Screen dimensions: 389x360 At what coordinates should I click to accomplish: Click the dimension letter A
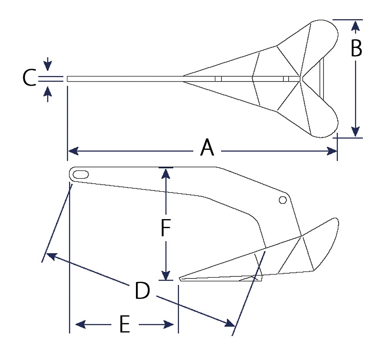point(207,147)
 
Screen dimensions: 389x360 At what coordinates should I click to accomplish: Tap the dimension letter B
point(356,48)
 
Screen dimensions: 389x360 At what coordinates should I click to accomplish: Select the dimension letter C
point(29,78)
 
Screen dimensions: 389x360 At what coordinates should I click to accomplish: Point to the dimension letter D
point(142,290)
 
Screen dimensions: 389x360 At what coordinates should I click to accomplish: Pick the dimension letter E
point(124,324)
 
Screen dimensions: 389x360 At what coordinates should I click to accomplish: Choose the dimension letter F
point(166,228)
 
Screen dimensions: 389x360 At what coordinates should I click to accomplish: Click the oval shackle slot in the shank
point(81,174)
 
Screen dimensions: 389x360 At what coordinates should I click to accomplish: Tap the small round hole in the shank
point(283,200)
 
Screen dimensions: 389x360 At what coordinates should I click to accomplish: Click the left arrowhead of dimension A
point(73,151)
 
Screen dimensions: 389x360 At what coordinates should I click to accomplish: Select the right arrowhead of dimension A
point(332,151)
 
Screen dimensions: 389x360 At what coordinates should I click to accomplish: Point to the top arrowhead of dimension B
point(356,26)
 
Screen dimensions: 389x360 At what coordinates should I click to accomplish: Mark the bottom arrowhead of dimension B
point(356,131)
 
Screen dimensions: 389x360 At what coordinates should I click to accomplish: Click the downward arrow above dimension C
point(47,64)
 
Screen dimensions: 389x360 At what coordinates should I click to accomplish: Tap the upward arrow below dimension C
point(47,93)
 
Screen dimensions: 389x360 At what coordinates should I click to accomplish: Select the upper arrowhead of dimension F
point(166,174)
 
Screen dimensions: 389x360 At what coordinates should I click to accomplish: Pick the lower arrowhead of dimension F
point(166,275)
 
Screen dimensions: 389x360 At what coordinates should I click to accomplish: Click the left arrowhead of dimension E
point(80,324)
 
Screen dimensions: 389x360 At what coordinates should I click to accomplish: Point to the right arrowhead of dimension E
point(168,324)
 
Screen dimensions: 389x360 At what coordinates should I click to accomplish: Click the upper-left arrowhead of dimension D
point(52,256)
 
